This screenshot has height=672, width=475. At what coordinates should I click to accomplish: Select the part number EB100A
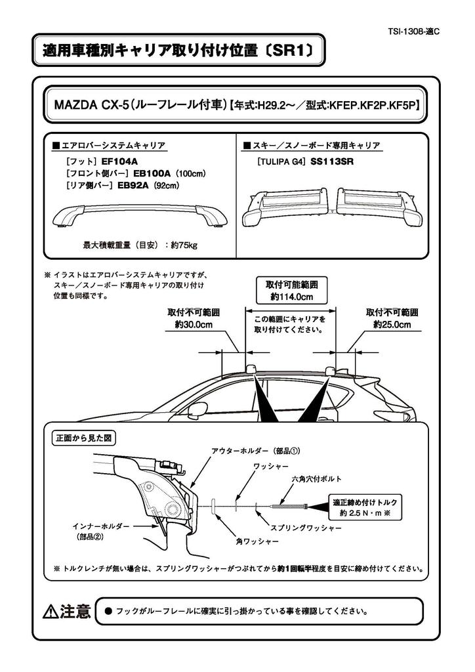coord(152,173)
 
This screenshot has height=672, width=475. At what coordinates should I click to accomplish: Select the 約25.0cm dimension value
coord(392,324)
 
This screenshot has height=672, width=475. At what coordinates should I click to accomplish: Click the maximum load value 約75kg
coord(182,245)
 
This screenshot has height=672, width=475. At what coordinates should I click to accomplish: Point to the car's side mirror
coord(196,411)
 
